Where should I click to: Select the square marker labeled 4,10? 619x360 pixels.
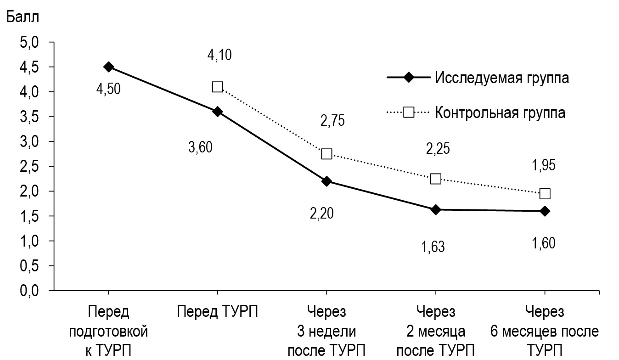217,87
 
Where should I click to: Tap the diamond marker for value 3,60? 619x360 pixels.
217,112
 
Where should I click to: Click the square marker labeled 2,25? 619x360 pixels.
435,179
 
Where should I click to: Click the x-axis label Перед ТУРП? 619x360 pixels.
217,312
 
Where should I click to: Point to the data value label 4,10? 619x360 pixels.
219,56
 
